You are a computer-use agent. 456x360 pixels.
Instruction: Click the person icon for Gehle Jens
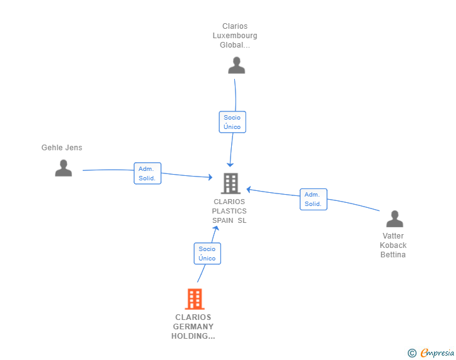63,168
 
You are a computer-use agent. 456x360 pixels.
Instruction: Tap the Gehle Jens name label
61,148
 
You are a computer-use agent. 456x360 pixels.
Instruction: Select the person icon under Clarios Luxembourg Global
236,65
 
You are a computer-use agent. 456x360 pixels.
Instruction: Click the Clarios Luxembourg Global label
235,36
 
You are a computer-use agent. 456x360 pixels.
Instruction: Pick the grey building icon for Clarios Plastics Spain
231,183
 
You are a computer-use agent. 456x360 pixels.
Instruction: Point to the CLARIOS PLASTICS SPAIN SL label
229,211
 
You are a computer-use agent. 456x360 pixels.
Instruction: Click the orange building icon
195,299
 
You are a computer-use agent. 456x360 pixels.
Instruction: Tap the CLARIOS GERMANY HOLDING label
193,327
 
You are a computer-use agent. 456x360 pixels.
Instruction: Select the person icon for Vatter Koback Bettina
395,219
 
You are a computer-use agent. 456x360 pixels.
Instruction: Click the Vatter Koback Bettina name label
393,245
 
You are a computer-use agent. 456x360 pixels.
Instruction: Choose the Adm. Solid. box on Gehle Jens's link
147,173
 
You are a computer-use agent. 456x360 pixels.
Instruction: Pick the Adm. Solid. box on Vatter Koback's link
313,199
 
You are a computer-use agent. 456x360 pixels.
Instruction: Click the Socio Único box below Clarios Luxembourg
232,122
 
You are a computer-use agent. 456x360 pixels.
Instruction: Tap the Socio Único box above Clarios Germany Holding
207,254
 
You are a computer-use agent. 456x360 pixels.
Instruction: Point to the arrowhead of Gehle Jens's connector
210,178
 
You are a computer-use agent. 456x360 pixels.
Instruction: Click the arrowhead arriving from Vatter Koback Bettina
249,188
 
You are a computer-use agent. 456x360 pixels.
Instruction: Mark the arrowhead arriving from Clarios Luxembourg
230,164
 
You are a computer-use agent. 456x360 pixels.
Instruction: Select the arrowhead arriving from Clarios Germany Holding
215,228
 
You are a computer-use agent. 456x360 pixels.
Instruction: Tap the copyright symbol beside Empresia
412,353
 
